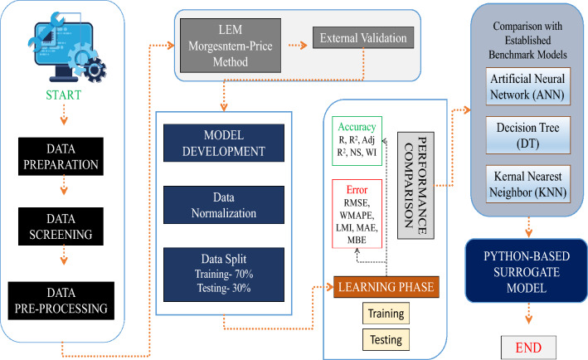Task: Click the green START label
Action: tap(63, 95)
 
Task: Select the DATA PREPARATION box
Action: tap(61, 157)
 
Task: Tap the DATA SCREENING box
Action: tap(61, 226)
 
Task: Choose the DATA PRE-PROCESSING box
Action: tap(61, 301)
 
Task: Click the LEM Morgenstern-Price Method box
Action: tap(231, 46)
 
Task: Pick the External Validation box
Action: tap(363, 37)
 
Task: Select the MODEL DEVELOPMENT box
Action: tap(224, 143)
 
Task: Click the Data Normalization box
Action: tap(224, 205)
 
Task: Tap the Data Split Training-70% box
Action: tap(224, 275)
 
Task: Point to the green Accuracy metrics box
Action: tap(357, 141)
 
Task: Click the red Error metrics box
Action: tap(357, 214)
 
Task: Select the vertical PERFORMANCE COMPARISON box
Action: tap(415, 185)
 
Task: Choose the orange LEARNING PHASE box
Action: tap(386, 287)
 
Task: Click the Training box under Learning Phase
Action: tap(386, 313)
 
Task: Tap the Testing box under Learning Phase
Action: tap(386, 340)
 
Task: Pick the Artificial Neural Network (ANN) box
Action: tap(528, 86)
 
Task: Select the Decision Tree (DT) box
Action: tap(528, 135)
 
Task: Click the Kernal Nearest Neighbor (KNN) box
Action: tap(528, 184)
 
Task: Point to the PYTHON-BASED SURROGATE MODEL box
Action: tap(527, 270)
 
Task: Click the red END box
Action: tap(528, 348)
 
